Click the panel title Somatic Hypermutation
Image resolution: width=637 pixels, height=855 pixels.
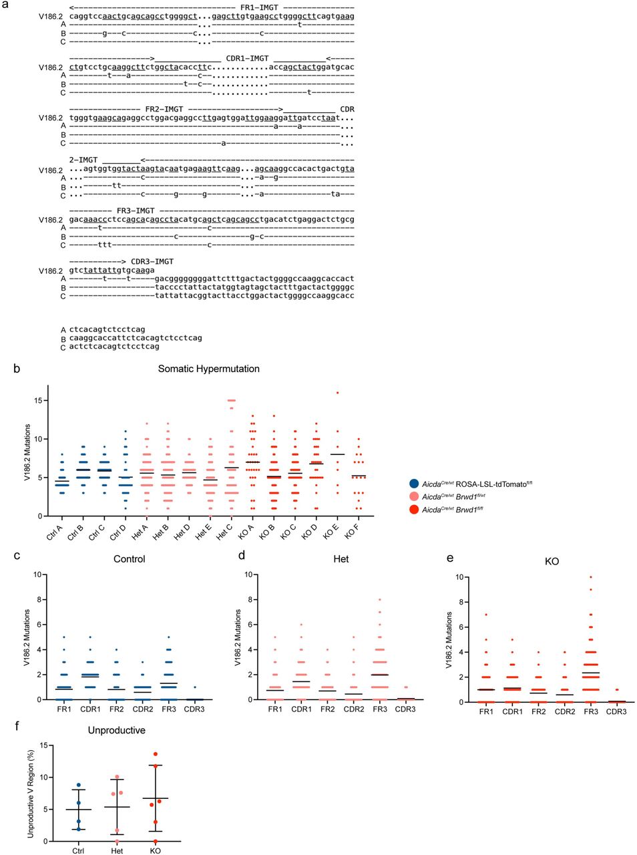click(208, 369)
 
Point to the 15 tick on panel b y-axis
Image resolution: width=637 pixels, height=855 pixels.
click(38, 400)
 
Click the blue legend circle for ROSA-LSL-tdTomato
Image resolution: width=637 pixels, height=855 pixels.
click(414, 484)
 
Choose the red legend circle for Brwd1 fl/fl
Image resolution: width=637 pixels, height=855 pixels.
click(414, 510)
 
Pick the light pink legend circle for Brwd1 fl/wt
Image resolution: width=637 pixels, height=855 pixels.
click(414, 497)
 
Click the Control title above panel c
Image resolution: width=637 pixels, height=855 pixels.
click(130, 559)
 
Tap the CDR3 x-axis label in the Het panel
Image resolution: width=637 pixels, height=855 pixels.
click(405, 709)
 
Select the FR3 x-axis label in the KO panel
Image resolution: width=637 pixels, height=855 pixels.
click(590, 712)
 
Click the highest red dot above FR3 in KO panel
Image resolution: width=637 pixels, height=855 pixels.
click(590, 577)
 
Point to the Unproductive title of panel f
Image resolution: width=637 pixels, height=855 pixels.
click(117, 730)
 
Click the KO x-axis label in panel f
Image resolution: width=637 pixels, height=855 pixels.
click(155, 850)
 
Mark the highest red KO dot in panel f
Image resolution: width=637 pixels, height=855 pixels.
click(156, 754)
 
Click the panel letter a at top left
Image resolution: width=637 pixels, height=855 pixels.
click(5, 5)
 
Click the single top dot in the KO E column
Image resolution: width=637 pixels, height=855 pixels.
click(337, 393)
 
